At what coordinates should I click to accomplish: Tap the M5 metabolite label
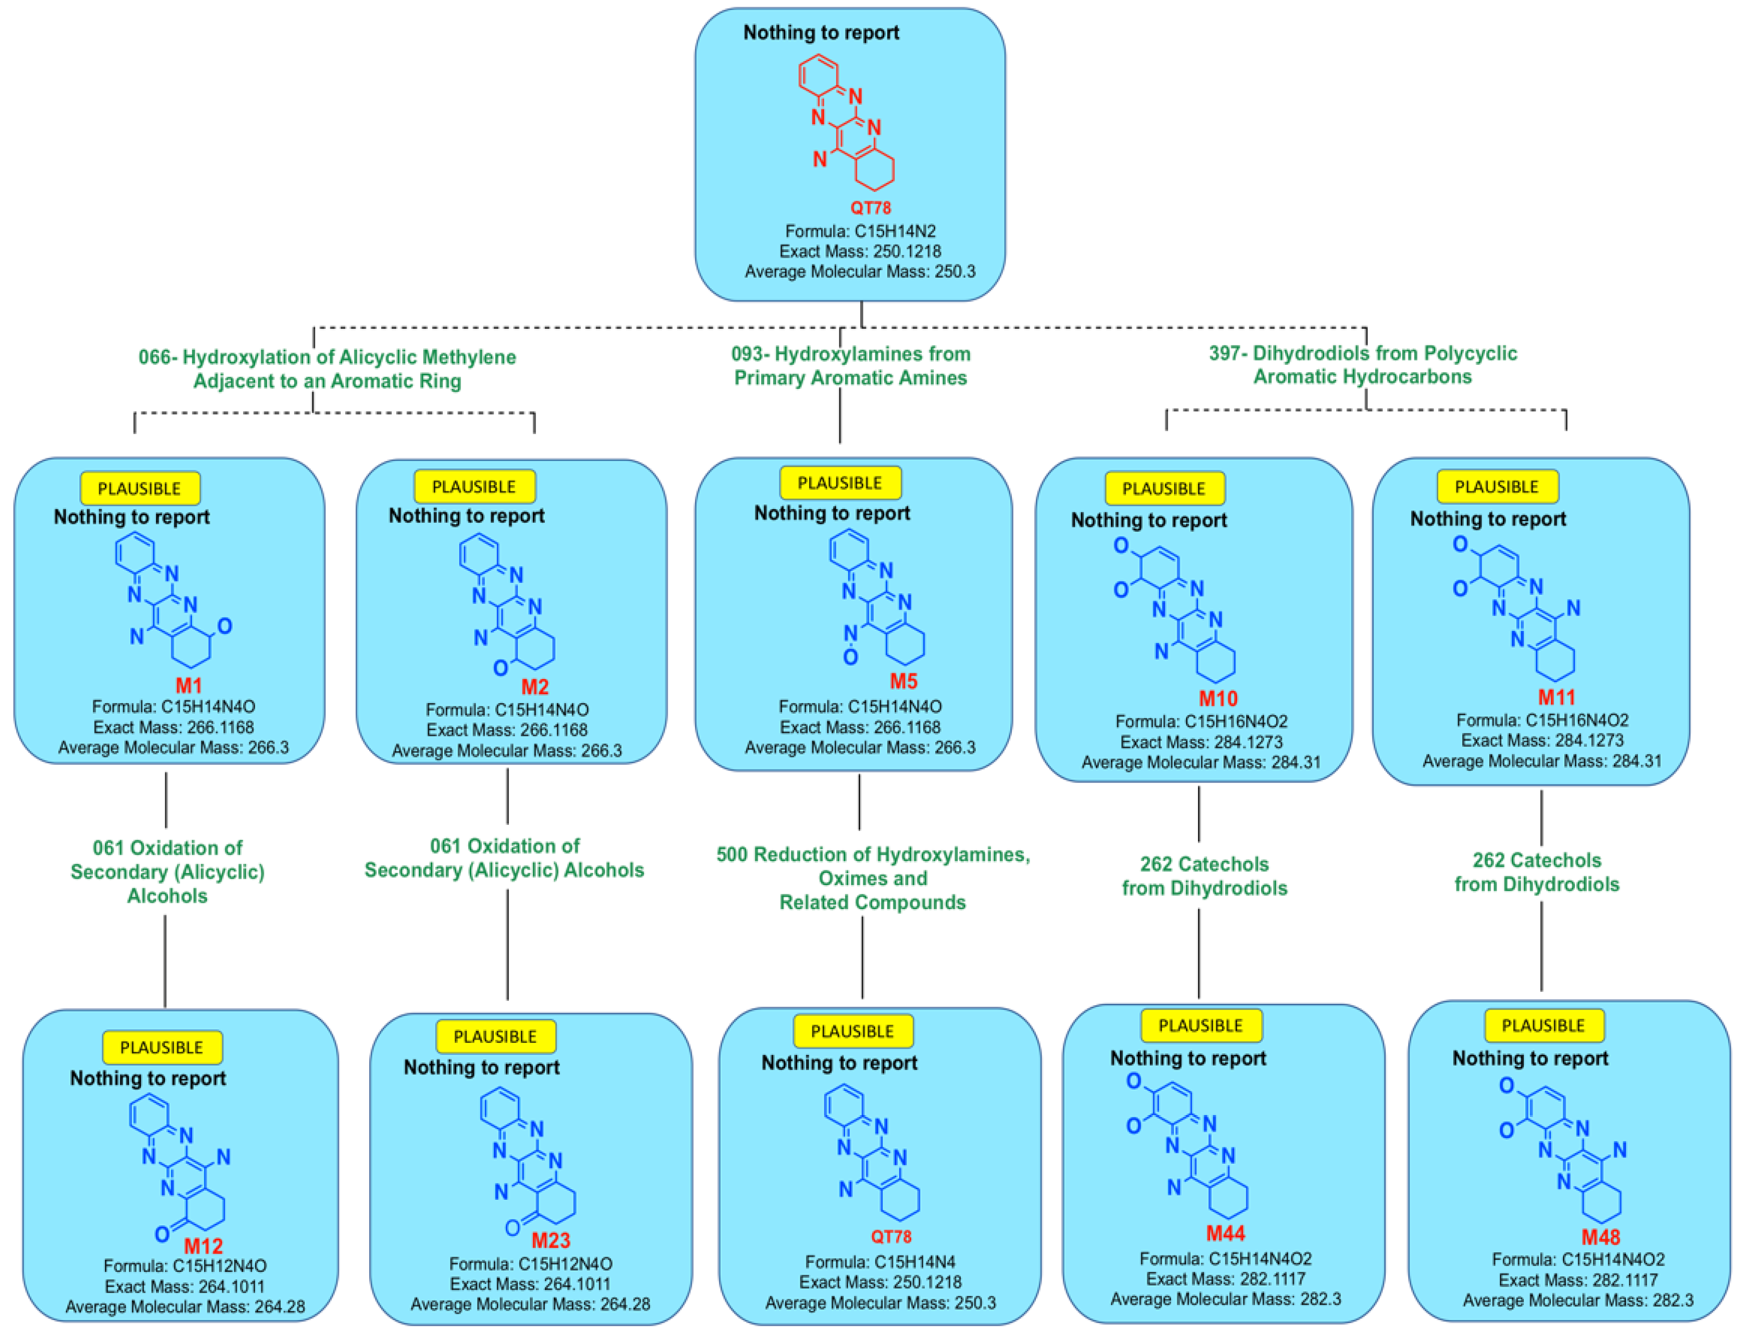pos(903,681)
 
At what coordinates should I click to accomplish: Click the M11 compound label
pos(1556,697)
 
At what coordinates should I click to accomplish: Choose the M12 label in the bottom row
pos(204,1246)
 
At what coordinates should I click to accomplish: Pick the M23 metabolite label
pos(551,1241)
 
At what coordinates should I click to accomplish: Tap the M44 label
pos(1225,1233)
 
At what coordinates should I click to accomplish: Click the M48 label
pos(1600,1237)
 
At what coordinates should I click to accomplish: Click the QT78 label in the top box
pos(870,208)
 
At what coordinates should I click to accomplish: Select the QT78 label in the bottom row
pos(891,1236)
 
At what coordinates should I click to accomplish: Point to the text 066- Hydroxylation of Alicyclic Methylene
pos(327,357)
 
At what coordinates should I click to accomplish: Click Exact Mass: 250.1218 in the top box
pos(860,251)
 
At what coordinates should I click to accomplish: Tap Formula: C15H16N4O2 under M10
pos(1200,721)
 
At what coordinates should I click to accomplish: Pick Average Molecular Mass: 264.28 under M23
pos(530,1304)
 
